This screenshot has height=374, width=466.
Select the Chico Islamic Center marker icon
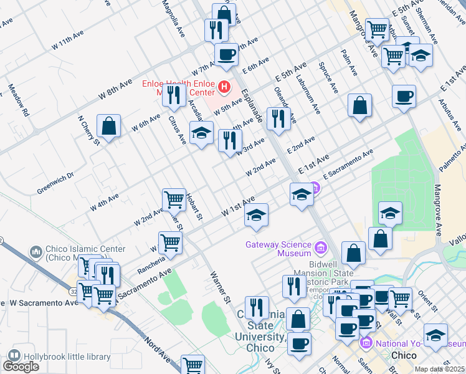point(36,252)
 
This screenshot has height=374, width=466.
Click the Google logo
point(21,367)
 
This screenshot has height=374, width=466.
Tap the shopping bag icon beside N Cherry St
point(109,127)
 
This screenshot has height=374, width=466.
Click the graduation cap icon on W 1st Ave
point(255,216)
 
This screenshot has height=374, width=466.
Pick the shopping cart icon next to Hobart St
point(174,200)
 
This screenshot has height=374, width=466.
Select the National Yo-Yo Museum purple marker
point(366,343)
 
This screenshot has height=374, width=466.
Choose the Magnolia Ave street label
point(174,16)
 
